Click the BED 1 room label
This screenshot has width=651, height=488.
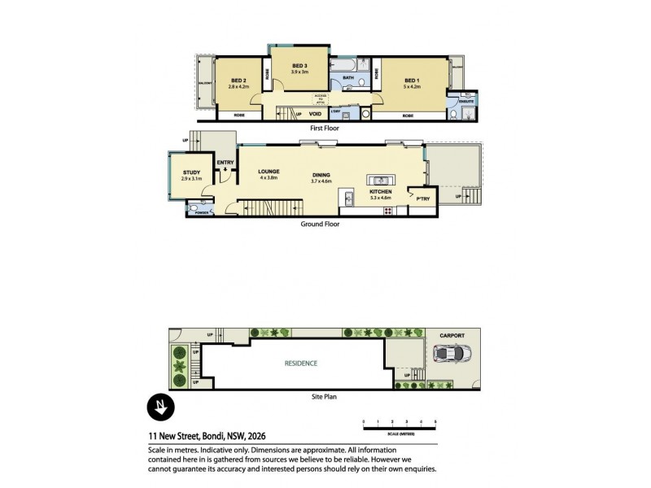click(411, 81)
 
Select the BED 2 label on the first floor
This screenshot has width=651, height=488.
click(238, 81)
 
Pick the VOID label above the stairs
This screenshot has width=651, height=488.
click(315, 115)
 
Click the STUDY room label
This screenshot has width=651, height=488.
click(191, 172)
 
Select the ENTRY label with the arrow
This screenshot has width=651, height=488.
click(225, 163)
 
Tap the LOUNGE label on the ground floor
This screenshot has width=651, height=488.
click(269, 172)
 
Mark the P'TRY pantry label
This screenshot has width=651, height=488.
click(422, 198)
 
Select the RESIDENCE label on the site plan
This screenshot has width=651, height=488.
click(300, 363)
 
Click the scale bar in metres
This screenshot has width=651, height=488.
click(399, 427)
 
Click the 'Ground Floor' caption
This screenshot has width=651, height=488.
click(320, 224)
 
